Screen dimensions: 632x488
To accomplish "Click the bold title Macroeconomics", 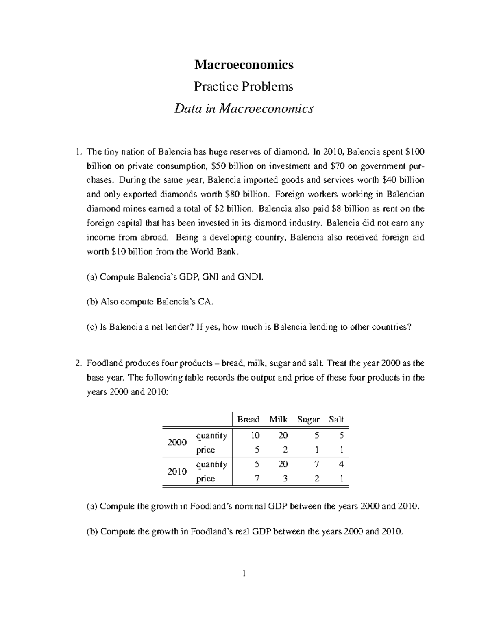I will click(244, 64).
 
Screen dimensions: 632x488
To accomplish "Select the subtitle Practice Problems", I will click(244, 87).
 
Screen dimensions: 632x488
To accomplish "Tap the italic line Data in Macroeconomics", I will click(244, 109).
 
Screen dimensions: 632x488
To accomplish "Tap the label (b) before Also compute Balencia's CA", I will click(92, 302).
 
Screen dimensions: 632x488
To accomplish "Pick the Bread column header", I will click(248, 419).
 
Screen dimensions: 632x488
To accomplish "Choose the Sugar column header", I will click(308, 419).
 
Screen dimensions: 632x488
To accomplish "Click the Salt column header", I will click(336, 419).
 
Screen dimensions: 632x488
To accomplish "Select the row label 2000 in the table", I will click(177, 443).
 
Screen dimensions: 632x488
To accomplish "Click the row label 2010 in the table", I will click(177, 471).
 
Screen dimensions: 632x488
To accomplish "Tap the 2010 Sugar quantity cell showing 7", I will click(316, 464).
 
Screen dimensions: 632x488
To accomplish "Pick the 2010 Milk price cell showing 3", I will click(285, 479).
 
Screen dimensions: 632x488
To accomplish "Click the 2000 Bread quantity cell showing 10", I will click(255, 435).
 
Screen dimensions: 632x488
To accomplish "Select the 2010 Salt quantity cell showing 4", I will click(342, 464).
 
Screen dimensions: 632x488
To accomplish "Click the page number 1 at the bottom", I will click(244, 574).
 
